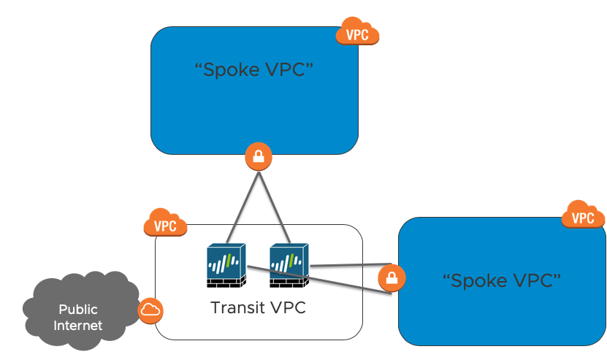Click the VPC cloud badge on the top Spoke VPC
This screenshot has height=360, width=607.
click(x=358, y=33)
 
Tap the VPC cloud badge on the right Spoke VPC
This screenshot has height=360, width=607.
click(x=583, y=216)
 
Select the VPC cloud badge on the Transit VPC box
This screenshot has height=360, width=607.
click(x=166, y=224)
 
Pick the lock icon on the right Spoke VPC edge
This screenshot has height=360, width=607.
click(x=392, y=277)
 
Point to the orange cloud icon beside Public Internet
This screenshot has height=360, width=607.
click(x=150, y=310)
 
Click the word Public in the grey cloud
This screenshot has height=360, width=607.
click(x=78, y=309)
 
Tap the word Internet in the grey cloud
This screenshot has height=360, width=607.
click(x=78, y=325)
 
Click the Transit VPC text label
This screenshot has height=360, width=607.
click(x=258, y=307)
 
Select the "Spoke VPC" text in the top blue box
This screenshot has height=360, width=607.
click(x=254, y=70)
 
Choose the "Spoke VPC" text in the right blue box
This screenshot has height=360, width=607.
click(x=502, y=280)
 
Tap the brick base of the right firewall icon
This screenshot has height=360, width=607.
click(x=289, y=280)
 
